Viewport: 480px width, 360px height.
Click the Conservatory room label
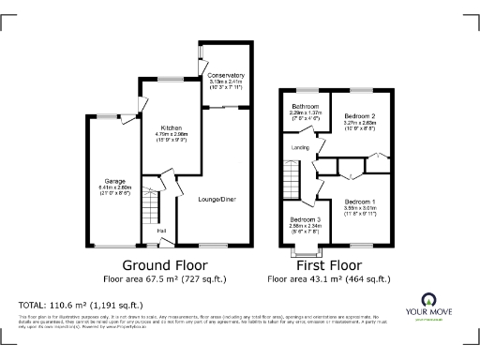225,74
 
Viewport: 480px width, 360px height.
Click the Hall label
161,231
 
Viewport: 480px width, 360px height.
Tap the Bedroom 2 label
360,114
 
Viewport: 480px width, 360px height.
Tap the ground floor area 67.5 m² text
165,278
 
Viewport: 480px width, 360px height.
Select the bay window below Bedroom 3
305,250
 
